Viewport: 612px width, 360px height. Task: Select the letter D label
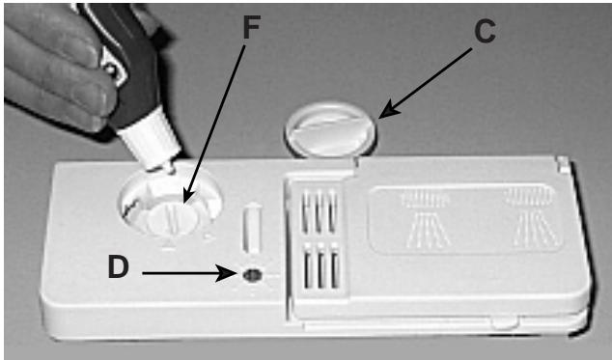tap(118, 267)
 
